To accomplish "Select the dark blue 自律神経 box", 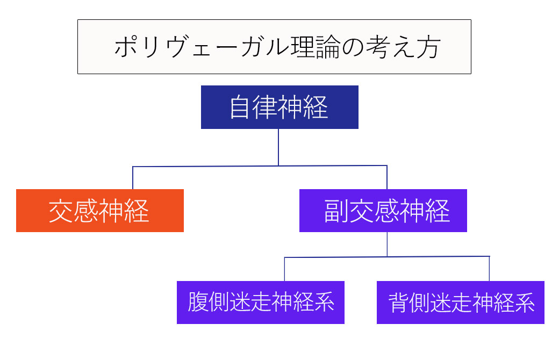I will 279,107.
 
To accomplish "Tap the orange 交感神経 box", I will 99,211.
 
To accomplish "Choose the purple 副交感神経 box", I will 383,211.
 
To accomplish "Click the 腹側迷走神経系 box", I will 260,303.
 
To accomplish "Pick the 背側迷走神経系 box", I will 460,303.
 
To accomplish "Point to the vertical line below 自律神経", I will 278,146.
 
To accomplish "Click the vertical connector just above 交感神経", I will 133,178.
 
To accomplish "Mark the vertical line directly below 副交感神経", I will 387,244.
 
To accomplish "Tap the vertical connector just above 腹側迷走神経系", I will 284,269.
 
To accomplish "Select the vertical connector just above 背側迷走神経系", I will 489,269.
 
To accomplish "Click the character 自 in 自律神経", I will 240,107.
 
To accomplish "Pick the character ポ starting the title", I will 125,48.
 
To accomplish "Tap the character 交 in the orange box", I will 61,211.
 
